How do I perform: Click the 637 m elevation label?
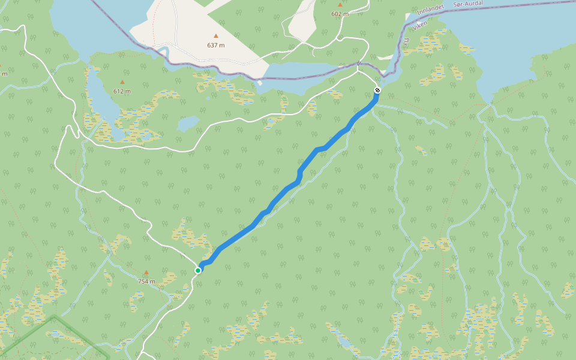[x=216, y=45]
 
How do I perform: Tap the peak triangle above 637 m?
[x=216, y=36]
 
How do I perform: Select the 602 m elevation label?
[x=340, y=14]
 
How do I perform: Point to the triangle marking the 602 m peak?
[x=340, y=5]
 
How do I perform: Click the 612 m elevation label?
[x=122, y=91]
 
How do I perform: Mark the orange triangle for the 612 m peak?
[x=122, y=82]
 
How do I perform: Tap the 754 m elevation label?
[x=146, y=281]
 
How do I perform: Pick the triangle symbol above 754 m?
[x=146, y=272]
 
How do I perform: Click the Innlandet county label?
[x=430, y=11]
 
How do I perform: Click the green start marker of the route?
[x=198, y=271]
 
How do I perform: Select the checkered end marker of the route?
[x=377, y=90]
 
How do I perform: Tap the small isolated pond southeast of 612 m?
[x=188, y=123]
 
